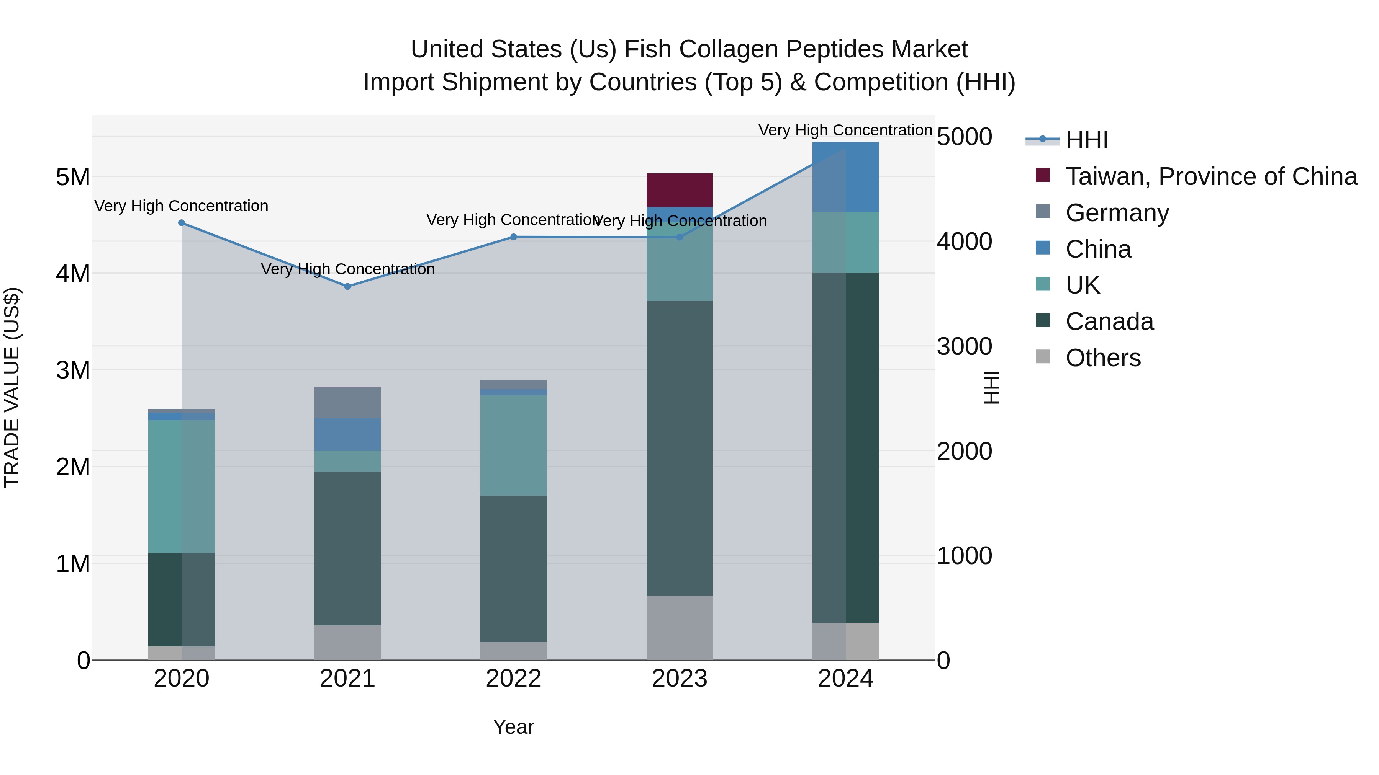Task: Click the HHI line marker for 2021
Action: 347,287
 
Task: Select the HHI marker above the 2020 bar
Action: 182,223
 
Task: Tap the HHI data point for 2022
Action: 513,237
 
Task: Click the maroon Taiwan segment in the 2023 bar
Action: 679,190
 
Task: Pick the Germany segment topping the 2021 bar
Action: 347,402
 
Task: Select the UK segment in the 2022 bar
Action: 513,445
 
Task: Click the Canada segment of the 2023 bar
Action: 679,448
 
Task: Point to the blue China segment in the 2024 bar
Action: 845,177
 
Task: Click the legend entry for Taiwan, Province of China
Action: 1211,176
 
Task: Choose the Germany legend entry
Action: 1117,213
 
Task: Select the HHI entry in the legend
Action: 1086,140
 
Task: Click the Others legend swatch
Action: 1043,357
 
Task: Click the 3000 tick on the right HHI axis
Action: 964,347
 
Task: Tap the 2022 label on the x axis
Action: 513,679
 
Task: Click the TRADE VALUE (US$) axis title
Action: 12,387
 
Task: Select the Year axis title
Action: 513,727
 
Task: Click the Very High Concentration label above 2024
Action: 845,130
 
